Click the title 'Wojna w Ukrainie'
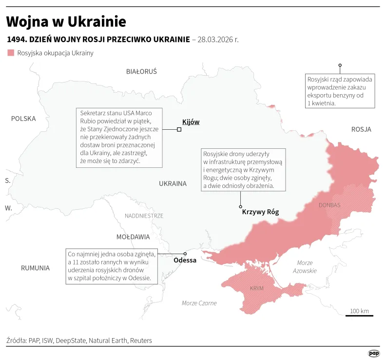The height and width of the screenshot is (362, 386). (66, 21)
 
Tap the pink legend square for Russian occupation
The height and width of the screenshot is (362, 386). (11, 53)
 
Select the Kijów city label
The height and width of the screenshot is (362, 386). (191, 122)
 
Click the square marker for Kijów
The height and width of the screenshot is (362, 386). (179, 129)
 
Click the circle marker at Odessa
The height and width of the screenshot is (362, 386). (185, 254)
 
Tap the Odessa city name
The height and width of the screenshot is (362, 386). (185, 261)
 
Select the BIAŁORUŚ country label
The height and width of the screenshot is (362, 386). (141, 71)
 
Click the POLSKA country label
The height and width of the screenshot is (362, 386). (23, 119)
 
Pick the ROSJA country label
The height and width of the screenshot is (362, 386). (361, 129)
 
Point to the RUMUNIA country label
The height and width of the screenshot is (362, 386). (35, 268)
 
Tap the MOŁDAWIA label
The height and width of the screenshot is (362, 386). (133, 237)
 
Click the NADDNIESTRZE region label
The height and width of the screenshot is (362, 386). (144, 216)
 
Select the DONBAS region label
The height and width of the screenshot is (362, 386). (329, 205)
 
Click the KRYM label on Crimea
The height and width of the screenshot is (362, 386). (256, 288)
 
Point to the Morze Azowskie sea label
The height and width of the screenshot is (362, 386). (305, 267)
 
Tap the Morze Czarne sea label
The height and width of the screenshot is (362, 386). (199, 303)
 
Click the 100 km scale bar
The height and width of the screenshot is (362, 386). (359, 315)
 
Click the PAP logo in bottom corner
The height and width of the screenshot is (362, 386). (373, 353)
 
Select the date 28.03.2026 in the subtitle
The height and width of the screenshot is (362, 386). (218, 39)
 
